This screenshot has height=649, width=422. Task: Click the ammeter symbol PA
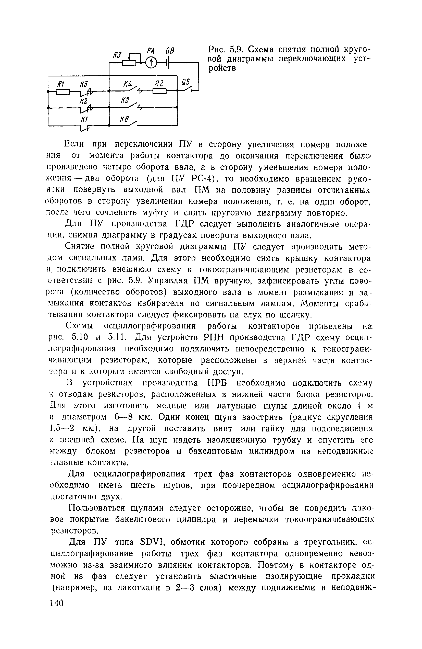click(151, 63)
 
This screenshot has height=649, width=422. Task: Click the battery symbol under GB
click(169, 63)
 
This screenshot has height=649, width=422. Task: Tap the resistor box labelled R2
click(159, 91)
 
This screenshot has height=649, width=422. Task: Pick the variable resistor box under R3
click(129, 63)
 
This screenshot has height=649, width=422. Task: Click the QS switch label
click(186, 82)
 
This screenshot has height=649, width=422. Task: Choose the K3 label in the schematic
click(84, 84)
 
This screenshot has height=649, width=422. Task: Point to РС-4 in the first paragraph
click(200, 179)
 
